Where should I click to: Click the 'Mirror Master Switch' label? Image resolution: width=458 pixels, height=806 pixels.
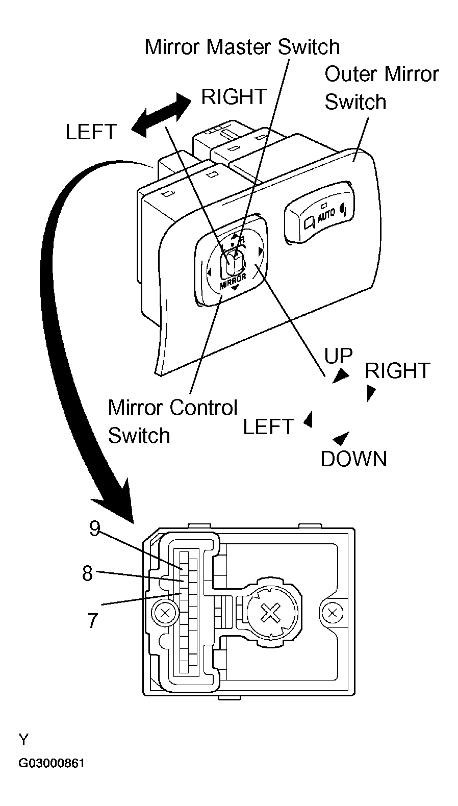click(x=242, y=47)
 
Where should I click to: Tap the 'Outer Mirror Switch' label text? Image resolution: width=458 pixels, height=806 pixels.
click(x=381, y=88)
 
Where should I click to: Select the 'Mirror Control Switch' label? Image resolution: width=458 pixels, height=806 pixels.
click(x=172, y=421)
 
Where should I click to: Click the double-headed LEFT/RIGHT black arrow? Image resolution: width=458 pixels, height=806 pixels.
click(x=161, y=115)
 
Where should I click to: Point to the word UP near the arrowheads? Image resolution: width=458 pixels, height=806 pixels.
click(x=339, y=356)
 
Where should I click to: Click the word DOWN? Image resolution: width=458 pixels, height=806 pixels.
click(x=353, y=459)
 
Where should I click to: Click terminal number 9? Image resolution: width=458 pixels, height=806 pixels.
click(x=94, y=528)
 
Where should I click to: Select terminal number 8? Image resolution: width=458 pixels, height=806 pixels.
click(x=88, y=573)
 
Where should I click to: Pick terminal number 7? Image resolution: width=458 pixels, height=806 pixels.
click(x=92, y=620)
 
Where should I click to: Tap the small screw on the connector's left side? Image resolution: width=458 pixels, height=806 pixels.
click(x=165, y=613)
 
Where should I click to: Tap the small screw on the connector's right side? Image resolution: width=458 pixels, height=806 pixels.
click(x=333, y=611)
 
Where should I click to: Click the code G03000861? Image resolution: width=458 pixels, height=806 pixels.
click(x=52, y=764)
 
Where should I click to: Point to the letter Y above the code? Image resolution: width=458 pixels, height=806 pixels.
click(x=23, y=739)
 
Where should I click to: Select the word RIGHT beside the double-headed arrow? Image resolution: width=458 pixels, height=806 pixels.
click(x=234, y=96)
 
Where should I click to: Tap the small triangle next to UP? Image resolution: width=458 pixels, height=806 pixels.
click(x=342, y=376)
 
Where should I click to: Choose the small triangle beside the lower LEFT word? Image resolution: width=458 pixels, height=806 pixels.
click(x=308, y=420)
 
